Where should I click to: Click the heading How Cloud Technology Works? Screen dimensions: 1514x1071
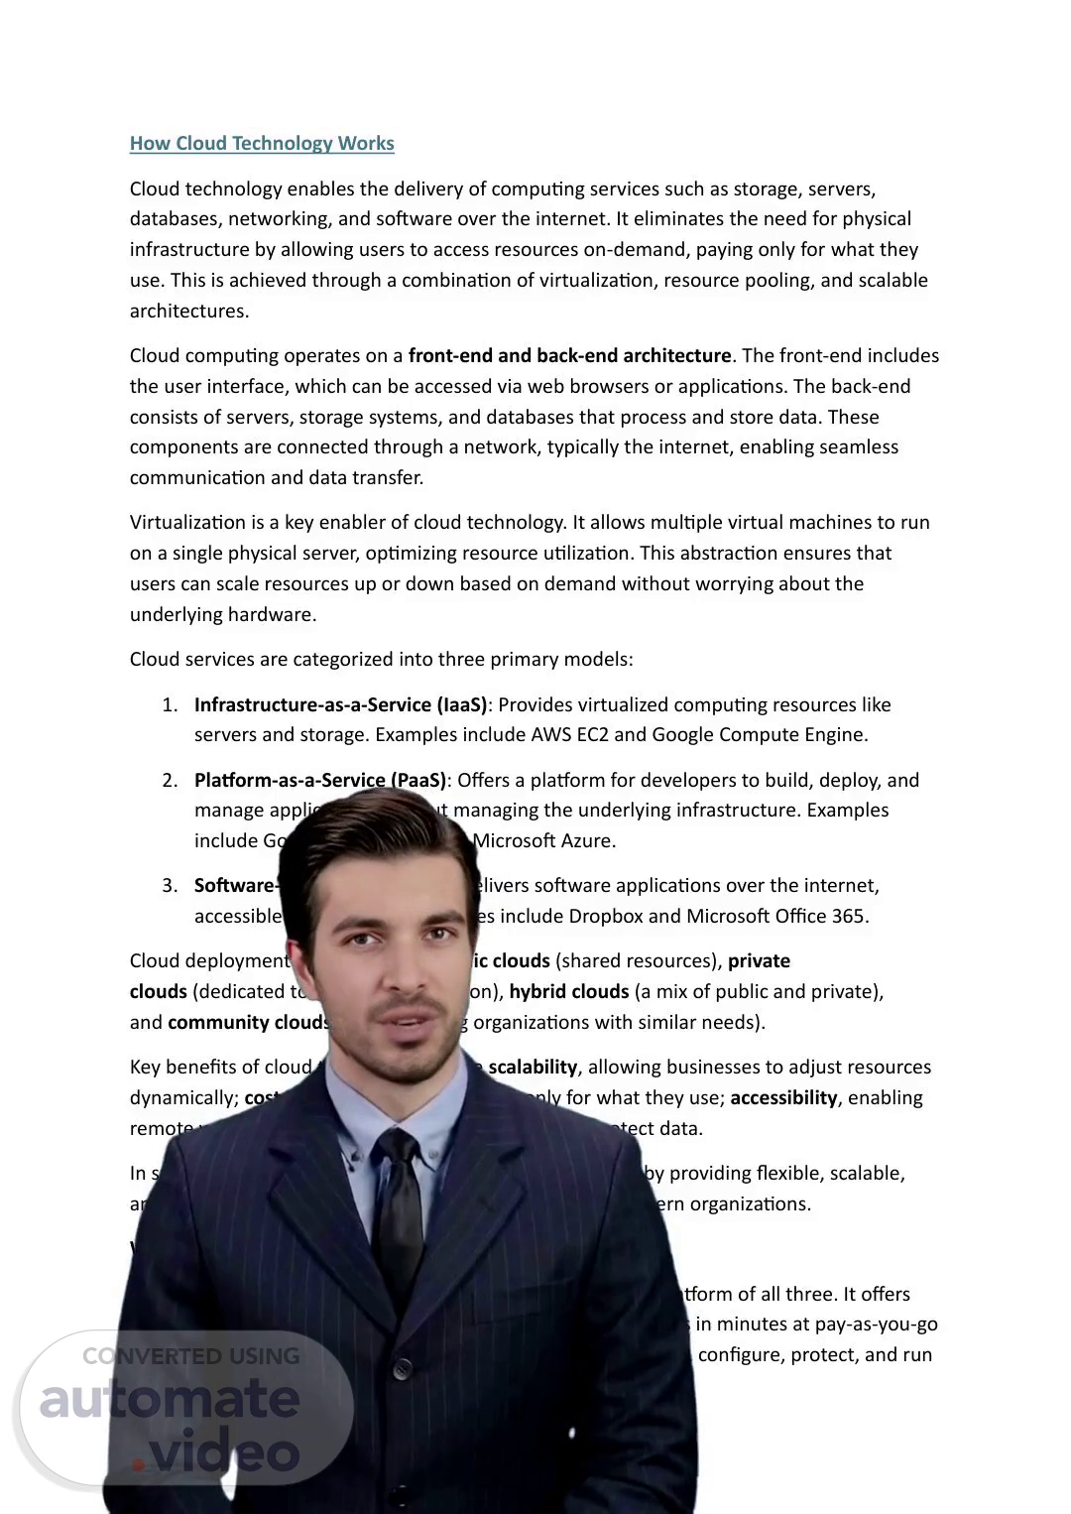[x=262, y=143]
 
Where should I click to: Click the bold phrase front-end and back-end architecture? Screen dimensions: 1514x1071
[x=569, y=355]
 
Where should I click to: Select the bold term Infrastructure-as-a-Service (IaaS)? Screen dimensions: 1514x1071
[x=340, y=704]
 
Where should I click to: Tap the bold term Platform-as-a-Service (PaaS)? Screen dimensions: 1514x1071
[x=319, y=780]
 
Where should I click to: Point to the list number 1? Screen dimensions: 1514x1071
[x=170, y=704]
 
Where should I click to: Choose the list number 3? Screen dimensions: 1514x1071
[x=170, y=885]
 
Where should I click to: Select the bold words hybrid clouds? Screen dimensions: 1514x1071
[x=569, y=991]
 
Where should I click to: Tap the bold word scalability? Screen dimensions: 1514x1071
[x=533, y=1067]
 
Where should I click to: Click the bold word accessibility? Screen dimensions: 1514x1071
[x=783, y=1097]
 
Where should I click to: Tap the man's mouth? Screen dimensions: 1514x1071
[x=407, y=1022]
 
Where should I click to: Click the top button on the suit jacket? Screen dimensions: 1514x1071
[x=403, y=1369]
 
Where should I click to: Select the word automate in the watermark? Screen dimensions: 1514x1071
[x=170, y=1399]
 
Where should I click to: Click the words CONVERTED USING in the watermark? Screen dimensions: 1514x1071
[x=190, y=1355]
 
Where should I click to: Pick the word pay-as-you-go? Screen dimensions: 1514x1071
[x=878, y=1324]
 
